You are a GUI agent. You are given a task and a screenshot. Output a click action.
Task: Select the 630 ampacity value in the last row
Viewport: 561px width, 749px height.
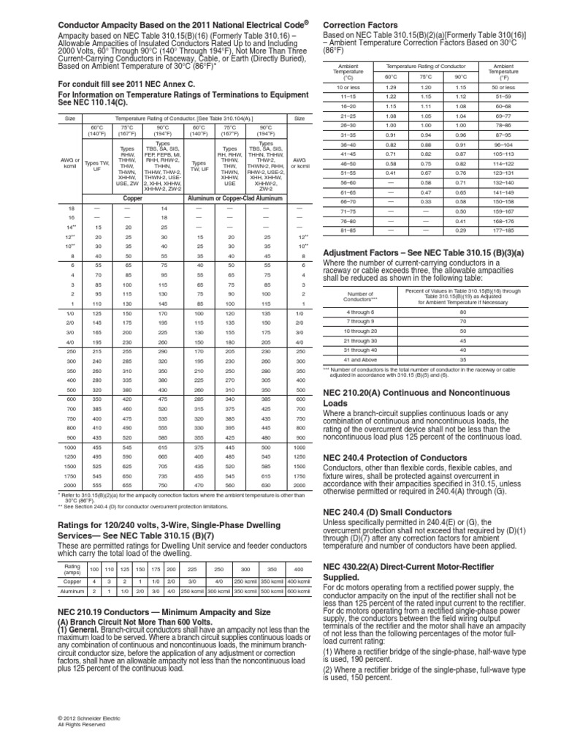pyautogui.click(x=267, y=485)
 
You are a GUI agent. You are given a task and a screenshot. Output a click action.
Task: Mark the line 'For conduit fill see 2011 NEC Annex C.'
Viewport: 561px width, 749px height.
pyautogui.click(x=127, y=84)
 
